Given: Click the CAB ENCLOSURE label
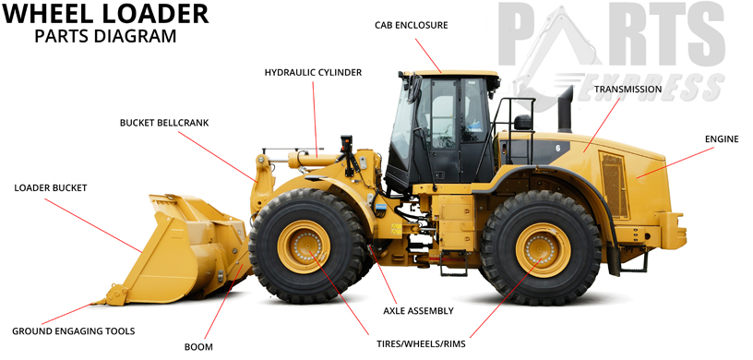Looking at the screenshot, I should [411, 25].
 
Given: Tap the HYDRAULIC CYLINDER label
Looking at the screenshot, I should [313, 71].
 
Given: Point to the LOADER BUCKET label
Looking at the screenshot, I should [51, 187].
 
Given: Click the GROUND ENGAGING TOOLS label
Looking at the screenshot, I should [74, 330].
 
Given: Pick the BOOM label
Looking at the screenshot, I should [198, 347].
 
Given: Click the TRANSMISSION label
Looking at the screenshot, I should [627, 90].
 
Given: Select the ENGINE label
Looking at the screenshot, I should [722, 138].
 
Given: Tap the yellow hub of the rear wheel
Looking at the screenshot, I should [543, 249].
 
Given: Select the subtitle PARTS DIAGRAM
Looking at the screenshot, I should [104, 37].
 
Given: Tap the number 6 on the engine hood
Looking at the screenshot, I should [557, 148].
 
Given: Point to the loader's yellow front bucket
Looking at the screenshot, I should [189, 245].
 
